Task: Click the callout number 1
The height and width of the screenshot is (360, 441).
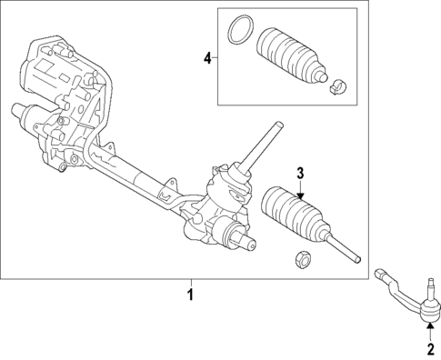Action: [190, 295]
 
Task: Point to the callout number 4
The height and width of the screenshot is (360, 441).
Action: [207, 58]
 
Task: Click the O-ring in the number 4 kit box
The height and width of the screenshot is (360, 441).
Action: [239, 29]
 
